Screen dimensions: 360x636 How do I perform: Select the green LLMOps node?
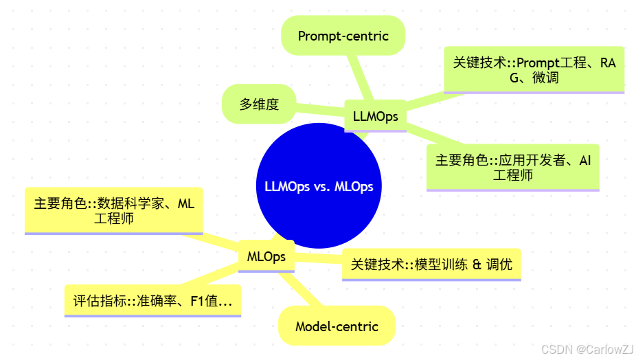[375, 116]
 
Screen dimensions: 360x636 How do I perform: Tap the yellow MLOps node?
[266, 257]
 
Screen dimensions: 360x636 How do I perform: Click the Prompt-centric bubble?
[343, 36]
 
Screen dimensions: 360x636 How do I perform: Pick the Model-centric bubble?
[337, 326]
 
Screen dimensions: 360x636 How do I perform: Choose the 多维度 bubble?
[259, 104]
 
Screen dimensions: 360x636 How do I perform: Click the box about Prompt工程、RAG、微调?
[534, 70]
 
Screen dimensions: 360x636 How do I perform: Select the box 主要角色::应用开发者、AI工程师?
[512, 167]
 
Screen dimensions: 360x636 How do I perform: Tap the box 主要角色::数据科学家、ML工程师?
[114, 211]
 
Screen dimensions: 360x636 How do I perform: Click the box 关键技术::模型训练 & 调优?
[431, 265]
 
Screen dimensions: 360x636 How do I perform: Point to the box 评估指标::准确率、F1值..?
[152, 300]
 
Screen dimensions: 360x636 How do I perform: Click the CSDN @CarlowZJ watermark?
[587, 349]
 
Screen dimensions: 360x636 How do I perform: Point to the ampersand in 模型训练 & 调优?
[477, 265]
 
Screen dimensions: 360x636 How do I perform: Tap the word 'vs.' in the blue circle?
[321, 187]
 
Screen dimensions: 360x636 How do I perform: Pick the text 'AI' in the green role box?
[584, 160]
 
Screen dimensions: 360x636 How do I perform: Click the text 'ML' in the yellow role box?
[186, 204]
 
